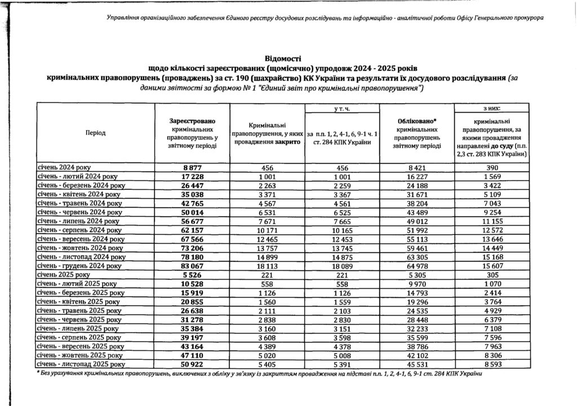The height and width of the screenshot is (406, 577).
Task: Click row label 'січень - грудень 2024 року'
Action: click(79, 265)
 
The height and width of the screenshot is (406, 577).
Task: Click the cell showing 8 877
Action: click(193, 167)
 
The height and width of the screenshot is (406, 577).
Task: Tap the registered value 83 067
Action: click(193, 265)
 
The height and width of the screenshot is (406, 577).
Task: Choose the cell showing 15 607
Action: click(493, 265)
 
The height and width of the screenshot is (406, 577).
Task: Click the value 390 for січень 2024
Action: click(493, 167)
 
